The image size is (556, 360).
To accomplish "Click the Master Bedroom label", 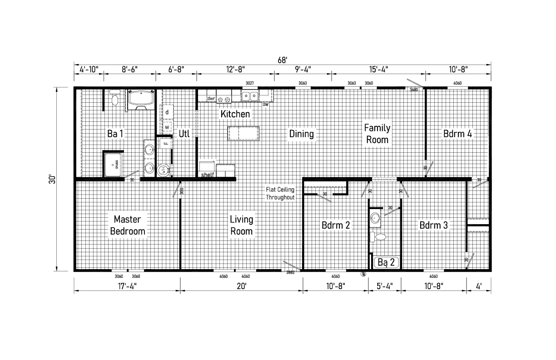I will pos(128,225).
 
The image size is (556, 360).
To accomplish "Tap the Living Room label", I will pos(241,225).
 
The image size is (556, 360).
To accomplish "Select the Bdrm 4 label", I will pos(457,134).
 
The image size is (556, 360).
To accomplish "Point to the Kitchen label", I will pos(235,114).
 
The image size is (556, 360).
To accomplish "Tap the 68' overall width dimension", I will pos(283,60).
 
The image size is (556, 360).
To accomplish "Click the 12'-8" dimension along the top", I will pos(235,70).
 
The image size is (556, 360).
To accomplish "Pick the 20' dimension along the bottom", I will pos(241,286).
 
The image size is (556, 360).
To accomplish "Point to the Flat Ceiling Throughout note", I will pos(281,194).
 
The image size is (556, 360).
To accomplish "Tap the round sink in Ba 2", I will pos(375,217).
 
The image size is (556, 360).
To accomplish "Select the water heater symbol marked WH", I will pos(163,170).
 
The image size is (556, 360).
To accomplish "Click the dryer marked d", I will pos(167,112).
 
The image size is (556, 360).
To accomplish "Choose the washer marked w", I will pos(167,128).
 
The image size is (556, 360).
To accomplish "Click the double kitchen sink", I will pos(249,96).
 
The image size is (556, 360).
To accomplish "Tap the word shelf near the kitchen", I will pos(207,175).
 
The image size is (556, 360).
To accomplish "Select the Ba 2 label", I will pos(387,262).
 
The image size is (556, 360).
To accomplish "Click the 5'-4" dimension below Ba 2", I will pos(384,286).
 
